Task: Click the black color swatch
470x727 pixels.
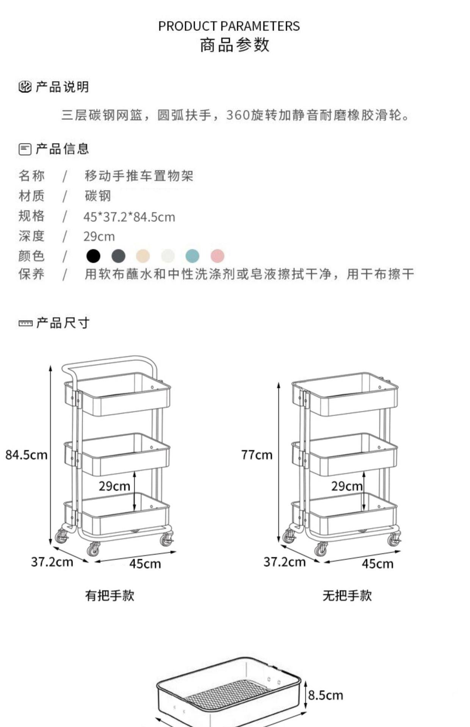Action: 93,256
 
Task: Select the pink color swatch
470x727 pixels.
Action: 218,256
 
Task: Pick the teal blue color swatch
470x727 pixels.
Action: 193,256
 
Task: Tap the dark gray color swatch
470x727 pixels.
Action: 118,256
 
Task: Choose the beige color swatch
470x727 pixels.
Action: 143,256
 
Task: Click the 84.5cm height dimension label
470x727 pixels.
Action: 27,455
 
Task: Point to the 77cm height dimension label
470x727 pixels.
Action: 257,455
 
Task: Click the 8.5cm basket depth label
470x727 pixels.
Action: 326,695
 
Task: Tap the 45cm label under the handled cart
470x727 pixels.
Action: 145,564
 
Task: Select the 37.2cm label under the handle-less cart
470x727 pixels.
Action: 285,562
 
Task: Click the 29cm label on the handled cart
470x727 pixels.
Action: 114,486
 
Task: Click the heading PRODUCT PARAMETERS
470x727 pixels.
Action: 229,26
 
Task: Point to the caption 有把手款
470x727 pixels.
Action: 110,596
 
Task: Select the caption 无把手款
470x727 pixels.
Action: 347,596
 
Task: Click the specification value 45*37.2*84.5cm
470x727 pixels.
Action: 129,217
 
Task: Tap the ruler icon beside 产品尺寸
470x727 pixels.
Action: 25,323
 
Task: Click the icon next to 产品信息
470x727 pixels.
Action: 25,149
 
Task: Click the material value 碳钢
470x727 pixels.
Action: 98,196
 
